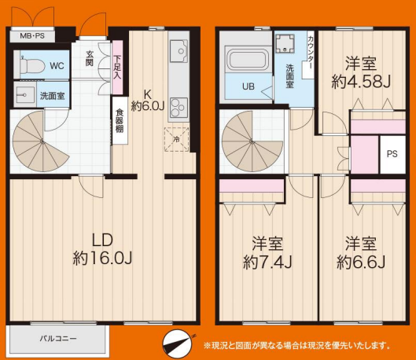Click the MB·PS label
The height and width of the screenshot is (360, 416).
32,36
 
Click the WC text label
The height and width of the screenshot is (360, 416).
57,66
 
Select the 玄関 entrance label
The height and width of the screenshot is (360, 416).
90,58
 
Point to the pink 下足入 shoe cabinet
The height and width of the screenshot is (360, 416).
117,67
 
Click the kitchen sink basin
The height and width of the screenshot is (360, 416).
179,51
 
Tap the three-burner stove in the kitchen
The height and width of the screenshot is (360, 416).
179,108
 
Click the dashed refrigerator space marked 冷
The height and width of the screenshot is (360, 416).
176,139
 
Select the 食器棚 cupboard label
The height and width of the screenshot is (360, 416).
119,121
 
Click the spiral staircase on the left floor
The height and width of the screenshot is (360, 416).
40,141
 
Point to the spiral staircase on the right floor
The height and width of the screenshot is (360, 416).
252,141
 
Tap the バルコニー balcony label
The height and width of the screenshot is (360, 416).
58,339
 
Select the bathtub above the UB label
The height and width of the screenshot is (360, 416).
248,61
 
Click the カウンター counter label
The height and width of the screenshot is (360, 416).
310,53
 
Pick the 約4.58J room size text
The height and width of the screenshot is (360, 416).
361,83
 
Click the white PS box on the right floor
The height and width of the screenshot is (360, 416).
392,154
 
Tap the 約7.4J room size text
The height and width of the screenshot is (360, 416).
267,263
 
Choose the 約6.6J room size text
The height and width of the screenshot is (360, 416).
361,263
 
